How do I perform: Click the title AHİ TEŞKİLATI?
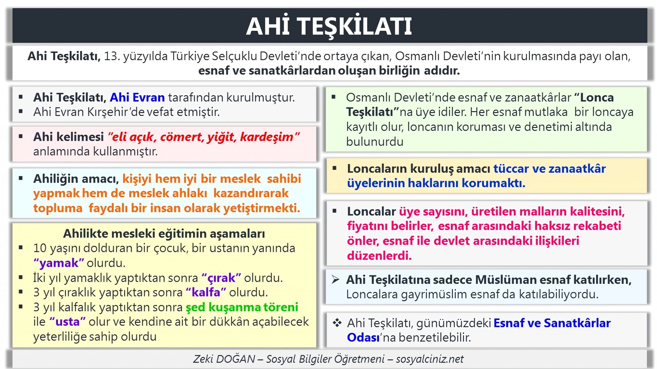coord(329,26)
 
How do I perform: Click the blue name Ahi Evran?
coord(137,98)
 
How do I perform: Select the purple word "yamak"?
coord(59,263)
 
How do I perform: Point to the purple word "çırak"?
coord(221,278)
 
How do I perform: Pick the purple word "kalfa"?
coord(206,293)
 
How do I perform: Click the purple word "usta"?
coord(67,322)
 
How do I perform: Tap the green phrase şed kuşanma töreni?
coord(242,307)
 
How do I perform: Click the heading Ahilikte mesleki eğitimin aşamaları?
coord(164,234)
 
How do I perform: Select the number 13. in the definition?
coord(112,56)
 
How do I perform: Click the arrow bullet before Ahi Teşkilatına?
coord(335,279)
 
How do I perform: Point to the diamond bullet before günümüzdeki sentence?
coord(337,323)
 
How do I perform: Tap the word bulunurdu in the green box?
coord(375,142)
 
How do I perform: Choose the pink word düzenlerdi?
coord(379,256)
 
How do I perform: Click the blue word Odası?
coord(363,338)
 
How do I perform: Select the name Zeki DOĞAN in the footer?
coord(224,359)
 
